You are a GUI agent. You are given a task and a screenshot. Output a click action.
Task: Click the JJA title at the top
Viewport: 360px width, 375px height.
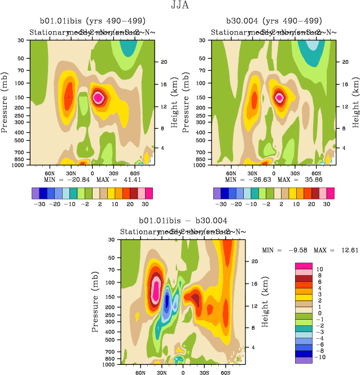[179, 6]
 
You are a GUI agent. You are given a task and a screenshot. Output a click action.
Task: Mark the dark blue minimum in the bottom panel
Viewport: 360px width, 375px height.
[166, 306]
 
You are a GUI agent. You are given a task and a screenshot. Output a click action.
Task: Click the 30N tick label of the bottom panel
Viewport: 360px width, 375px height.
[161, 373]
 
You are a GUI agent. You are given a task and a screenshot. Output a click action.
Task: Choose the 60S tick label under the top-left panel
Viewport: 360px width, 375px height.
[135, 173]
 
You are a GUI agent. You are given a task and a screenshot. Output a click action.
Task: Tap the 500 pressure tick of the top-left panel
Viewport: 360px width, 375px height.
[23, 139]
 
